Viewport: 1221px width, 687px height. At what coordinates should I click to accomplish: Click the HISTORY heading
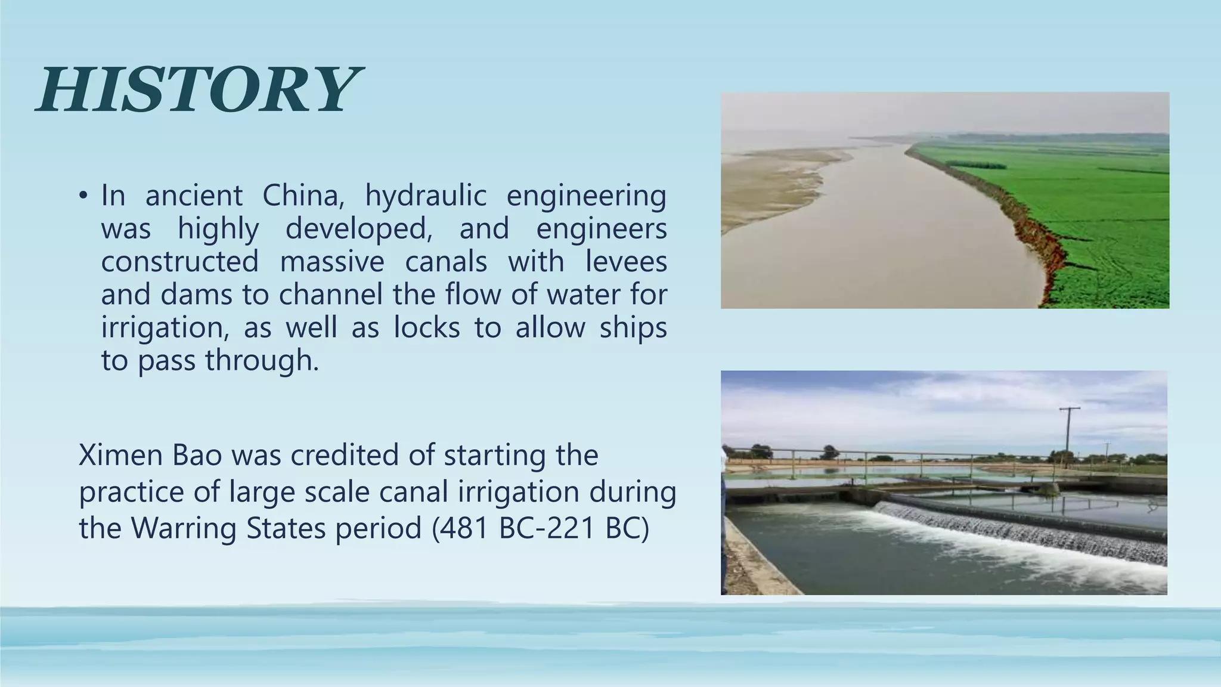(198, 91)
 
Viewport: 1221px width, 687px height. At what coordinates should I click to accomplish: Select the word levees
(626, 262)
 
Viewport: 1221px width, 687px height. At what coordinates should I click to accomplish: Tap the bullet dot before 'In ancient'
(83, 196)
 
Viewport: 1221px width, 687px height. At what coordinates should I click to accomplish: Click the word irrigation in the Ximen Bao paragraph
(519, 492)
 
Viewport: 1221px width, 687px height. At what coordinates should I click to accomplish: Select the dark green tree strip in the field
(976, 164)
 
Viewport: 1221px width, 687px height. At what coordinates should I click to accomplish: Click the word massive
(332, 262)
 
